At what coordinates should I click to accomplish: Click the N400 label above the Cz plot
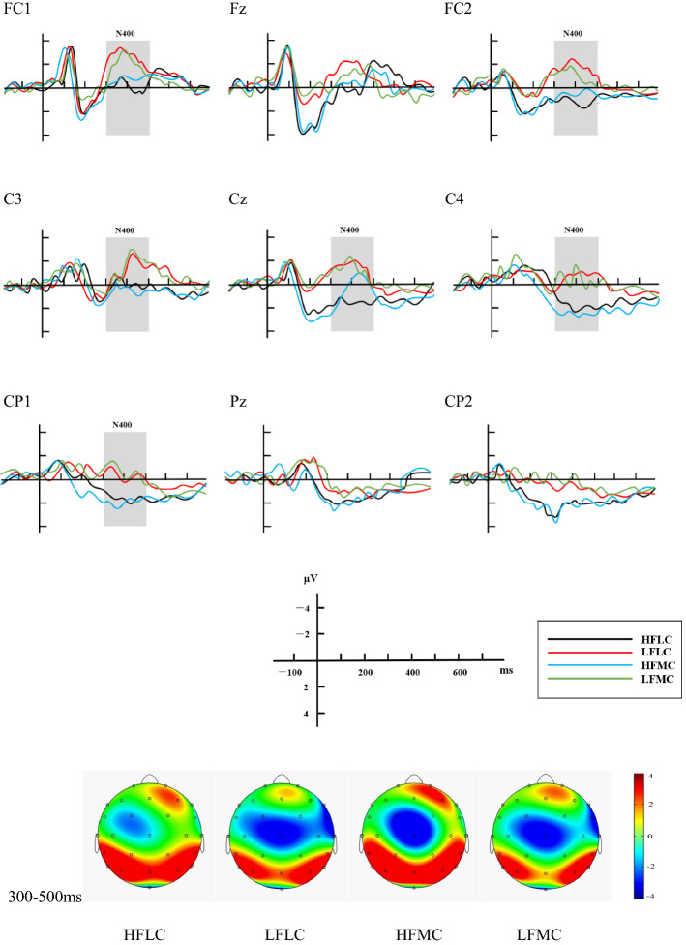point(349,230)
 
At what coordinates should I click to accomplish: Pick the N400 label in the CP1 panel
point(122,424)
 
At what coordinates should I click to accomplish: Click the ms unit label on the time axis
point(506,669)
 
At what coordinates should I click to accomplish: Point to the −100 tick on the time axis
point(288,672)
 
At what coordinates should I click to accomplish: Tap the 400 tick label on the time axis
point(412,672)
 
